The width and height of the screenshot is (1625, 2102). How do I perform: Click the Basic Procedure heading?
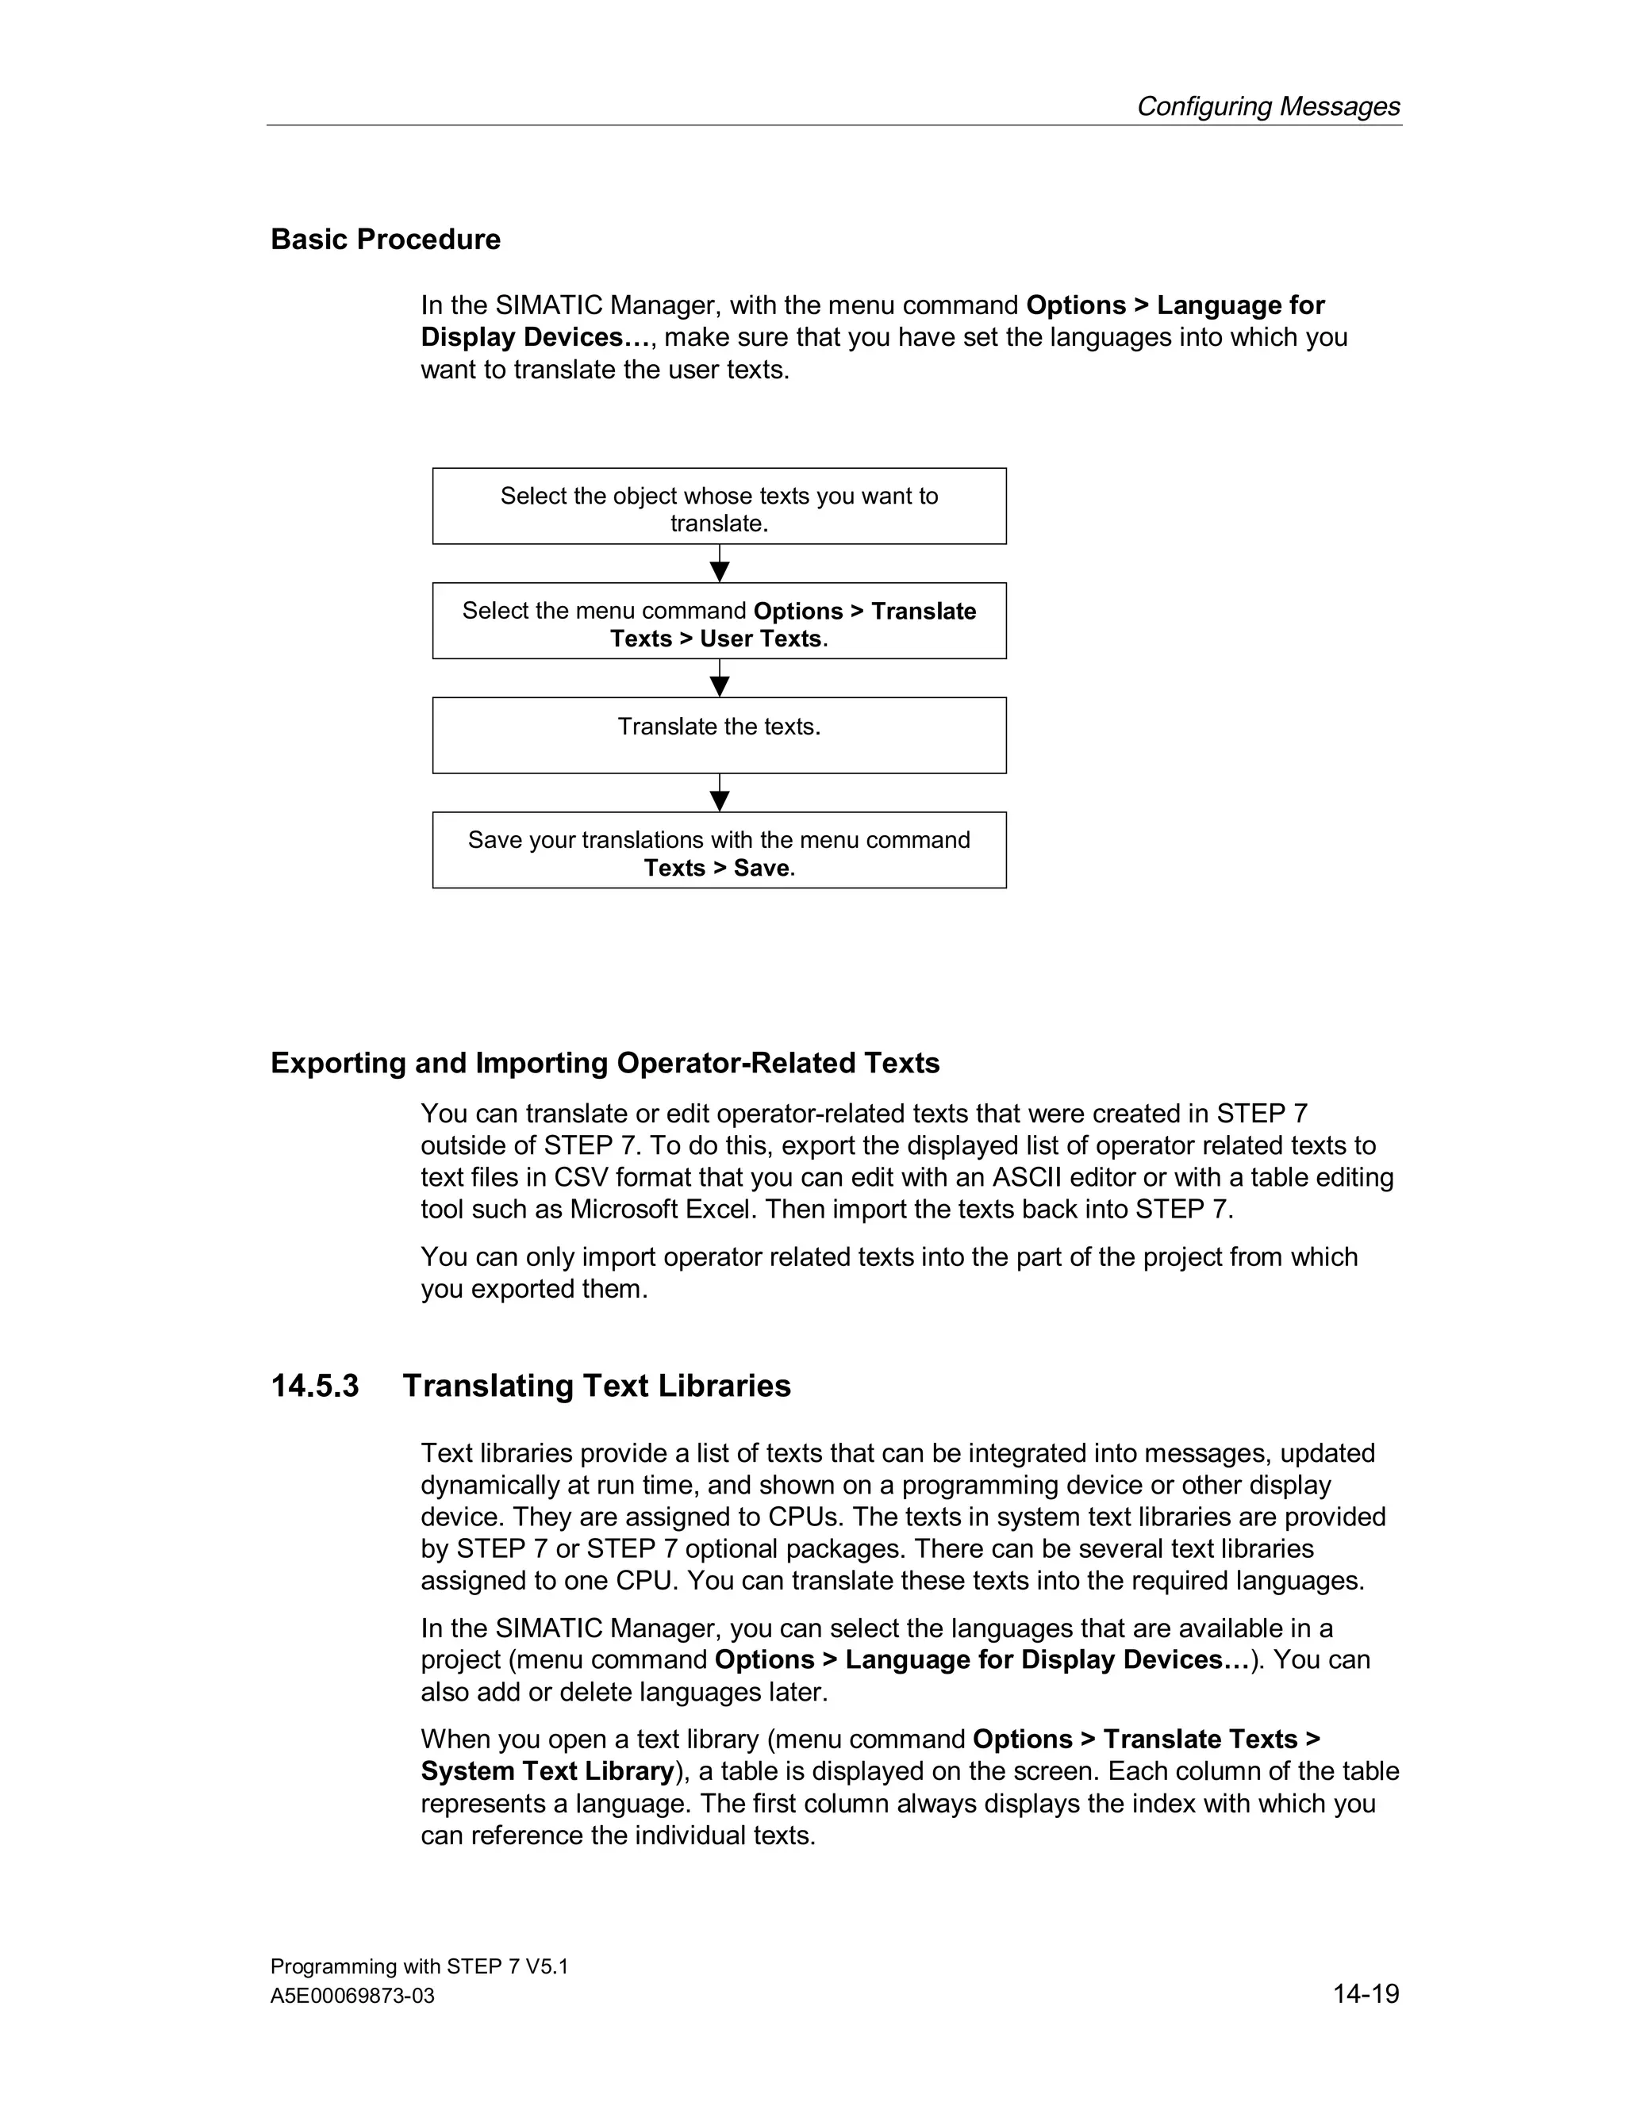point(385,239)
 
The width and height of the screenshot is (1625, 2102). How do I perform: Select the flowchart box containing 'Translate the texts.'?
point(719,735)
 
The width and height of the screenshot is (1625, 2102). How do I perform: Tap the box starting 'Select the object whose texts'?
point(719,506)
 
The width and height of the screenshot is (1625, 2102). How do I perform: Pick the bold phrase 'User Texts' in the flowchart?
point(760,639)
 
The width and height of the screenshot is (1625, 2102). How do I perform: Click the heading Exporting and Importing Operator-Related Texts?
point(605,1063)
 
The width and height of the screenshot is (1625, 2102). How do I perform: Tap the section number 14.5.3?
point(315,1386)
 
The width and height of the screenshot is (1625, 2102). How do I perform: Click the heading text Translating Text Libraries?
point(596,1386)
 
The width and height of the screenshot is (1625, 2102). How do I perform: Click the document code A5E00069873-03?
point(352,1997)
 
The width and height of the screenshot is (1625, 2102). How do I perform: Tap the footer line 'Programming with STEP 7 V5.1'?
point(419,1966)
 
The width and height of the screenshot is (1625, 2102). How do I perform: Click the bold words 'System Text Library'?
point(547,1771)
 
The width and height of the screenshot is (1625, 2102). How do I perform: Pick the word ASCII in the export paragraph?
point(1029,1177)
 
